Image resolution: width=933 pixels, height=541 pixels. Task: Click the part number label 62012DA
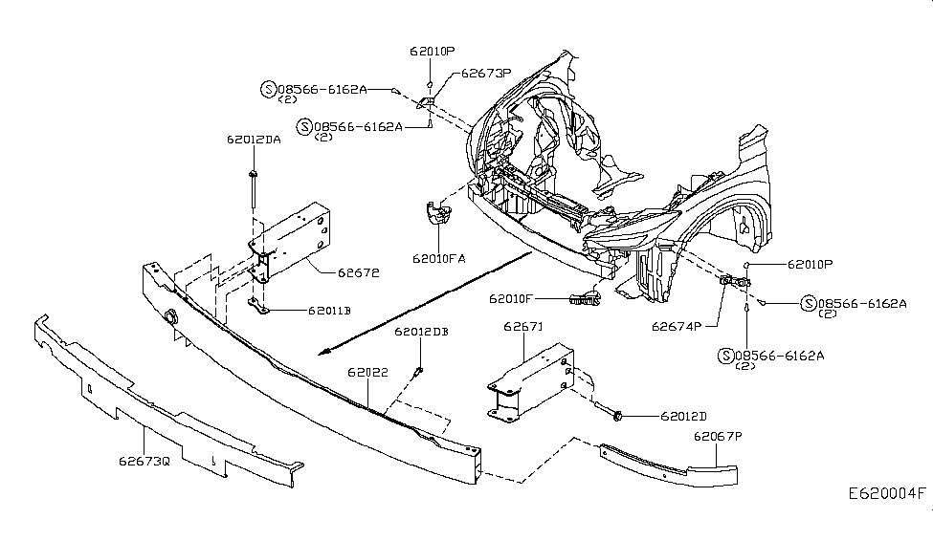[x=254, y=140]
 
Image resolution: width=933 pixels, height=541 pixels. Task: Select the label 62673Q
[x=144, y=461]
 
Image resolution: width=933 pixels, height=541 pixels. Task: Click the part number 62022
[x=367, y=372]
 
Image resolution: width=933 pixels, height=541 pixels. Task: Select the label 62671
[x=522, y=328]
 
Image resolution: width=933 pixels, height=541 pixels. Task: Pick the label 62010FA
[x=439, y=257]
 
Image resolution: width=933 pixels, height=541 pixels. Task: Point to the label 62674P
[x=678, y=325]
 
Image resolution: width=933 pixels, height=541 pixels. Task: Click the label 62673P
[x=486, y=73]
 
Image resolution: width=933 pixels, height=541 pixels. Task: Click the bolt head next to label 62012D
[x=618, y=416]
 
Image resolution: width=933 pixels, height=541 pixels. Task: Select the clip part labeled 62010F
[x=582, y=299]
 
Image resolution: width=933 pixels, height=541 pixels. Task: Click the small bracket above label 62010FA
[x=438, y=215]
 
